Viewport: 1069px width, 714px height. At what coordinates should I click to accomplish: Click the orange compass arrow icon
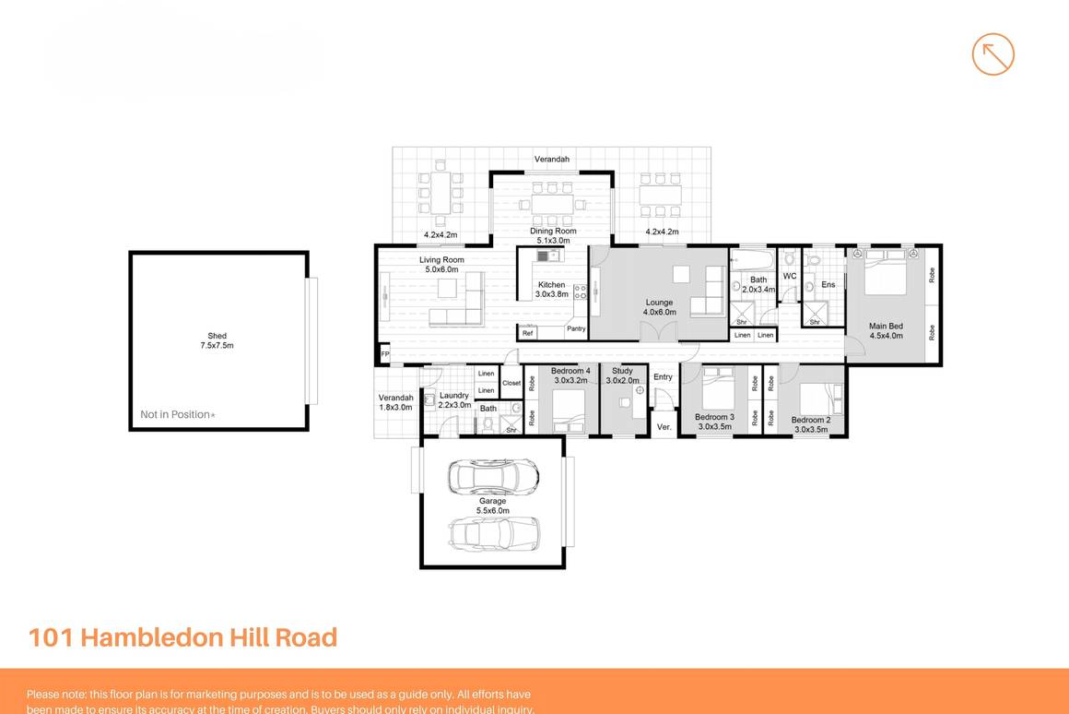pos(993,54)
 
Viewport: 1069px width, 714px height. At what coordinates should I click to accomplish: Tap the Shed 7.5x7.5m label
pos(217,340)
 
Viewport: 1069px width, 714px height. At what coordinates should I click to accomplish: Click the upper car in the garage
pos(493,476)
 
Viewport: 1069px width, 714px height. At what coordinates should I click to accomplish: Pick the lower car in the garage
pos(493,533)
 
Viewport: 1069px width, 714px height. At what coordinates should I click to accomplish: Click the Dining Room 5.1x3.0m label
pos(553,235)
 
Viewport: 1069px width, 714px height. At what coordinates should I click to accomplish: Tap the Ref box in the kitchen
pos(528,333)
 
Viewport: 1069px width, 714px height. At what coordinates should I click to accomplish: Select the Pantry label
pos(576,329)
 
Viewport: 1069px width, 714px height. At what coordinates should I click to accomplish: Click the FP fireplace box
pos(384,354)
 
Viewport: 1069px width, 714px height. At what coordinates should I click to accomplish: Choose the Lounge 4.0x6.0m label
pos(659,307)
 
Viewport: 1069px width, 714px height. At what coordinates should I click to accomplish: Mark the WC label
pos(789,276)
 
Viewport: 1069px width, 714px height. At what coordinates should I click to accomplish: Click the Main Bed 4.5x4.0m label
pos(886,330)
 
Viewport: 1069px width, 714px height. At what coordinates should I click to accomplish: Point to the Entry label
pos(663,376)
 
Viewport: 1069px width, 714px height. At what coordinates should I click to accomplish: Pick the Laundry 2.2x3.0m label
pos(453,400)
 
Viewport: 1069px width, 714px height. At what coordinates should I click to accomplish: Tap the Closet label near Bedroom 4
pos(511,383)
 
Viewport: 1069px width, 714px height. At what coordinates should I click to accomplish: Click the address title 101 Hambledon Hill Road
pos(182,637)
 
